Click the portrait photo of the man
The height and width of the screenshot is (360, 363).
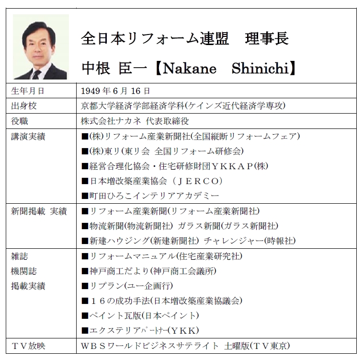[x=41, y=47]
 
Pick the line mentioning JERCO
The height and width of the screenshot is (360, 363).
[x=153, y=181]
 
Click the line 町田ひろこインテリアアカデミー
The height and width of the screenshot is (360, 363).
[x=150, y=196]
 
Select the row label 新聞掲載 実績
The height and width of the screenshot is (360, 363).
[x=38, y=211]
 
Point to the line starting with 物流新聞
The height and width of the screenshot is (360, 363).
[x=180, y=226]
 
